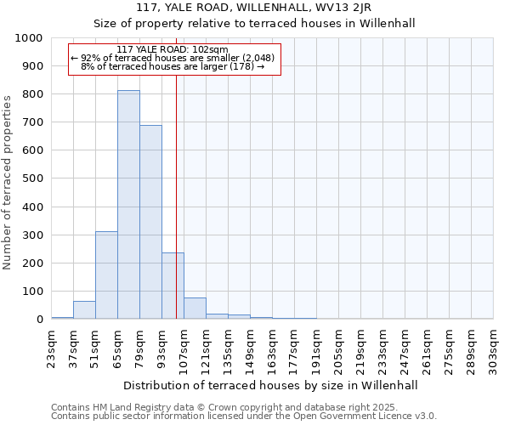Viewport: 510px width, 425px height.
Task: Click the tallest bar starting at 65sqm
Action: (128, 204)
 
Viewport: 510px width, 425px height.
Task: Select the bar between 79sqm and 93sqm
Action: (150, 222)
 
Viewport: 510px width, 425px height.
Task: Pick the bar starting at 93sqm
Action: (173, 286)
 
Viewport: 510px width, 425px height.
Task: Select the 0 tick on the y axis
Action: (40, 320)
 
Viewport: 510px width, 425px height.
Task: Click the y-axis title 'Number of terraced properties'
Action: (8, 182)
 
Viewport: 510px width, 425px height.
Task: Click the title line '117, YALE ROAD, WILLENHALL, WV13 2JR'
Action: (253, 8)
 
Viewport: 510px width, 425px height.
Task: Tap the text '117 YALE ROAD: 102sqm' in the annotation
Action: (173, 49)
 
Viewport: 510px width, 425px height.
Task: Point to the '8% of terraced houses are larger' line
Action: (173, 66)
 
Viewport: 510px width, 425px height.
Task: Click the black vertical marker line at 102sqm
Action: (176, 212)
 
